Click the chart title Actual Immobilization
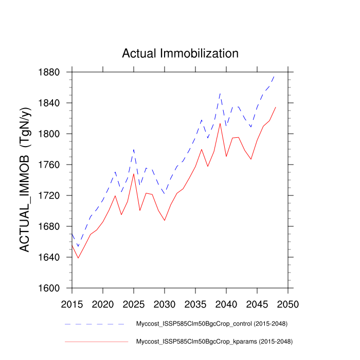pyautogui.click(x=180, y=53)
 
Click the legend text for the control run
pyautogui.click(x=211, y=324)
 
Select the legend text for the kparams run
pyautogui.click(x=211, y=341)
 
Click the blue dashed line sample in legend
pyautogui.click(x=96, y=324)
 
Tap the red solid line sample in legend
pyautogui.click(x=96, y=341)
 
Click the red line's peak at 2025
pyautogui.click(x=134, y=174)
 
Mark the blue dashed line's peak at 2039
pyautogui.click(x=220, y=93)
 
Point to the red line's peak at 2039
pyautogui.click(x=220, y=123)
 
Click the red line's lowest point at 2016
pyautogui.click(x=78, y=258)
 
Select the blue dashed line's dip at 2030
pyautogui.click(x=165, y=194)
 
